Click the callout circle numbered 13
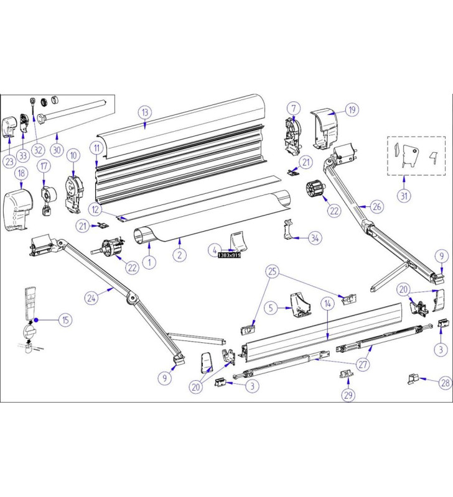click(145, 112)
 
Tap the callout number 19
click(352, 110)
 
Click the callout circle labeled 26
click(377, 206)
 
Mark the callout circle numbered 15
click(65, 320)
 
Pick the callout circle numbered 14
click(327, 304)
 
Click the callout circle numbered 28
click(445, 383)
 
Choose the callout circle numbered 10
click(73, 155)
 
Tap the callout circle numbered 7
click(293, 109)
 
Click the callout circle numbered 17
click(44, 166)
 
